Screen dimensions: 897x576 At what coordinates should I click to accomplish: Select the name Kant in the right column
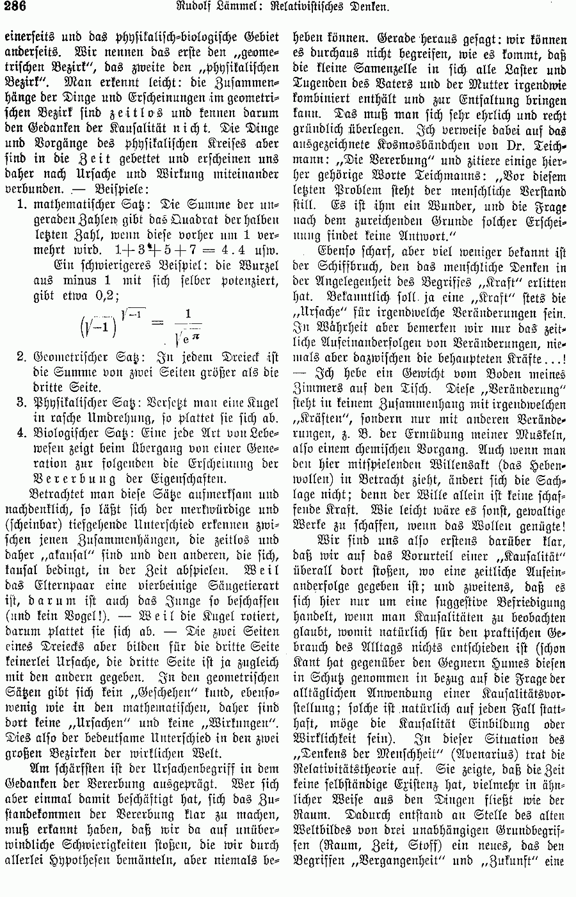(306, 664)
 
